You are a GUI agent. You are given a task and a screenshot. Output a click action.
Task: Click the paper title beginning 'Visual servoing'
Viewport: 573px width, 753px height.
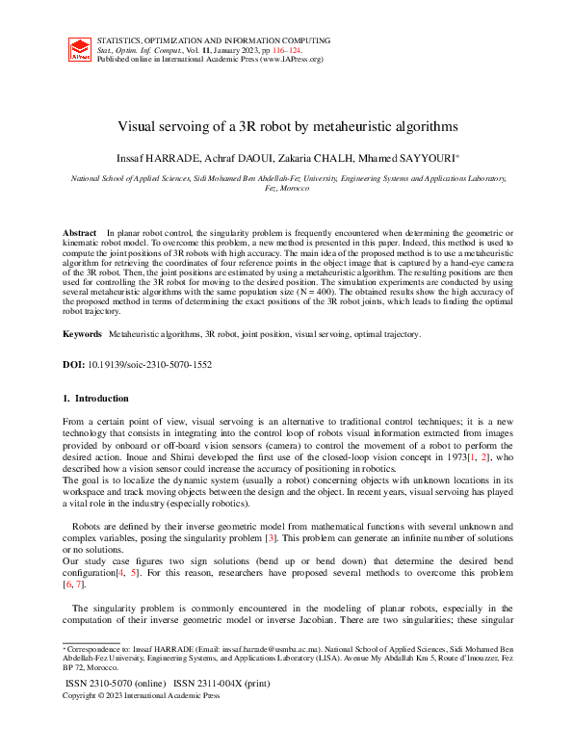click(x=286, y=126)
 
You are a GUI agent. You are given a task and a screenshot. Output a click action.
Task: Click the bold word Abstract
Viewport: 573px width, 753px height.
click(x=80, y=234)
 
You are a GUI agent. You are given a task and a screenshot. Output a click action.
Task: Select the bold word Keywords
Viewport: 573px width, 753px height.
click(x=82, y=333)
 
